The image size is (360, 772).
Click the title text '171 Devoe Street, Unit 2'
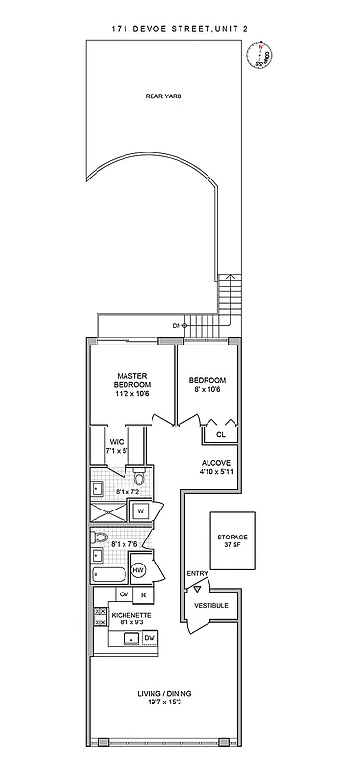tap(180, 31)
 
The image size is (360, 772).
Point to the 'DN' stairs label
tap(177, 326)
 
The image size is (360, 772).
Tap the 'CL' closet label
tap(220, 434)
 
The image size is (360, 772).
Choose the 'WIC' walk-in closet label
tap(116, 442)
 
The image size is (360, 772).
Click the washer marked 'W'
tap(140, 510)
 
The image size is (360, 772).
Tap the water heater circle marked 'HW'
tap(138, 571)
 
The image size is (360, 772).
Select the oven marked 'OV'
tap(124, 594)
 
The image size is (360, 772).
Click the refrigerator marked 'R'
tap(144, 594)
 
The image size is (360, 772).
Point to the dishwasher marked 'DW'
tap(149, 638)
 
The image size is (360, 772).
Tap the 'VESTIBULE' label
tap(211, 605)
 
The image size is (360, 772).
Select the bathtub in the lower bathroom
tap(105, 577)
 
